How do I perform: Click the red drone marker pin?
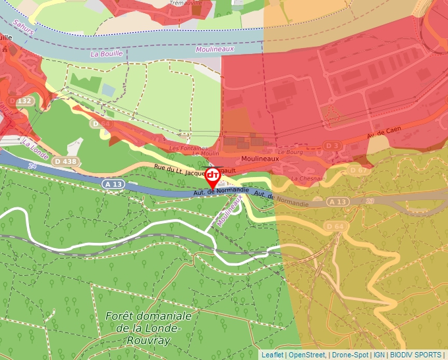[213, 176]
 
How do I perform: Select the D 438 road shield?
[65, 161]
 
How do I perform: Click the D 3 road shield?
[333, 145]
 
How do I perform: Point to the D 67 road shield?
[358, 170]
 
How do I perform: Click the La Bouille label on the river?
[107, 54]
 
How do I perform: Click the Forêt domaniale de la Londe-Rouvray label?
[148, 328]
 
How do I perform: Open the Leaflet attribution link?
[272, 355]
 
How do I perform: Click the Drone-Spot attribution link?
[350, 355]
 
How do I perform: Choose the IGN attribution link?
[379, 355]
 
